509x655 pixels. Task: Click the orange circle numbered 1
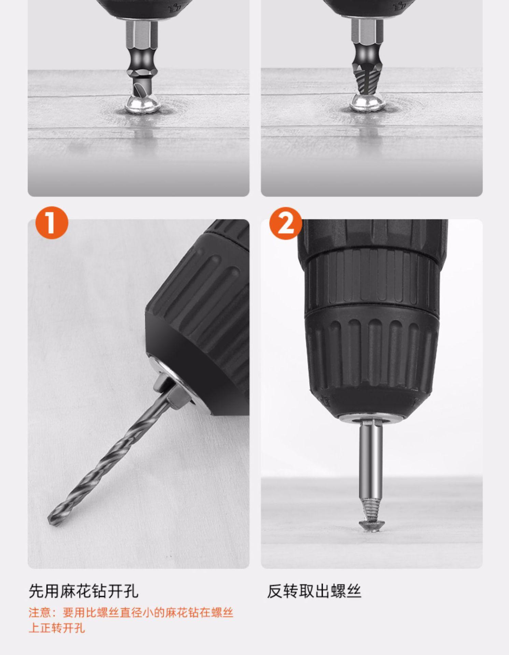pyautogui.click(x=52, y=223)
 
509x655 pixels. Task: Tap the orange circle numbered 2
pyautogui.click(x=286, y=223)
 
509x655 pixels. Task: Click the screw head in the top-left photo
pyautogui.click(x=143, y=104)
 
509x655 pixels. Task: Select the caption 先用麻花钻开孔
pyautogui.click(x=84, y=591)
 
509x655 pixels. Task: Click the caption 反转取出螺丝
pyautogui.click(x=314, y=591)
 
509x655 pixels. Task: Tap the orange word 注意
pyautogui.click(x=40, y=613)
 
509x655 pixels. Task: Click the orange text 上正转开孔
pyautogui.click(x=57, y=628)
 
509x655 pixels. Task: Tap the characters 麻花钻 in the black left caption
pyautogui.click(x=84, y=591)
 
